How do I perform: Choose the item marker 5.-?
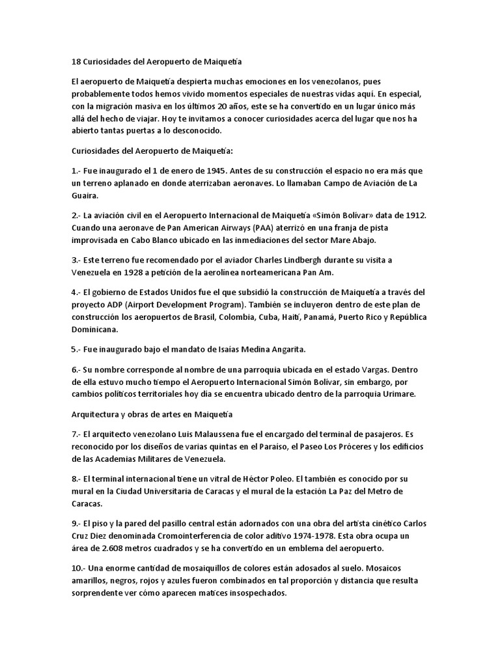coord(76,350)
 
